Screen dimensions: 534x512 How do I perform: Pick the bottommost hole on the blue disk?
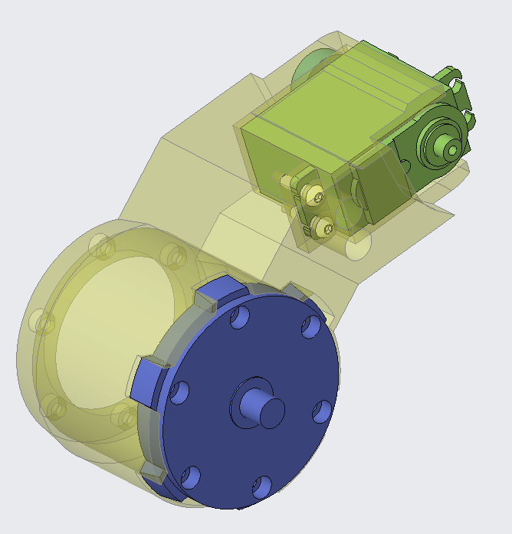pos(261,484)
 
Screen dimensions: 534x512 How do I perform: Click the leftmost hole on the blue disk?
pos(179,393)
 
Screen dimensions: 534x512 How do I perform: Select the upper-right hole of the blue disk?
pos(310,328)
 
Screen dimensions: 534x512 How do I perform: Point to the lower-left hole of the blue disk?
pos(189,478)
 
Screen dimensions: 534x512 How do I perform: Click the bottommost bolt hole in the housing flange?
pos(121,418)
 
